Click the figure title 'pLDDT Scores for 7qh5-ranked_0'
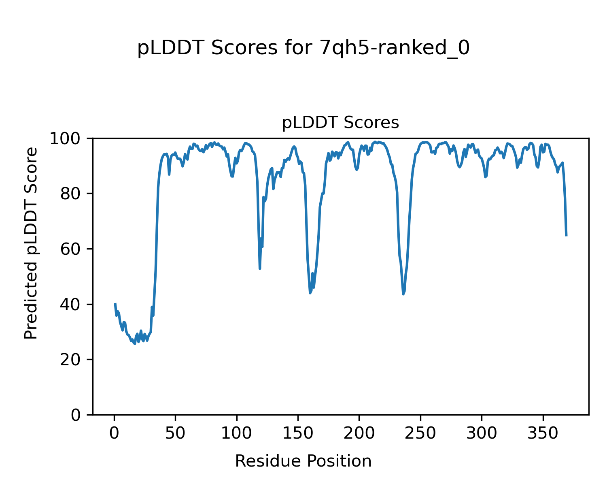point(303,49)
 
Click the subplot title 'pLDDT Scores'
point(340,123)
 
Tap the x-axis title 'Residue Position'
point(303,461)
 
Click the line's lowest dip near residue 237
point(403,294)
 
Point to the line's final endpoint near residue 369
point(566,235)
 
